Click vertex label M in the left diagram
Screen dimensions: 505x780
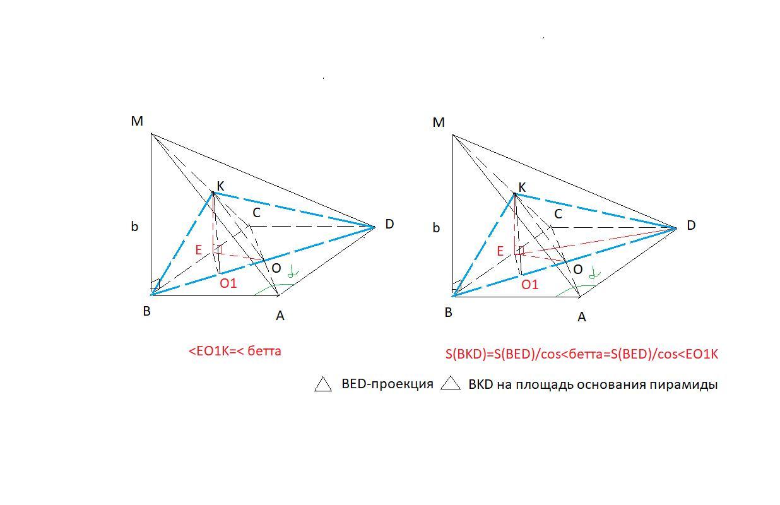[x=137, y=121]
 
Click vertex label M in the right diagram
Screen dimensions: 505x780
[x=439, y=122]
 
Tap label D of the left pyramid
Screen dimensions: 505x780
[x=389, y=224]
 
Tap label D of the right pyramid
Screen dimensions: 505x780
[x=691, y=225]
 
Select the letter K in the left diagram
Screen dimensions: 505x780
[x=220, y=186]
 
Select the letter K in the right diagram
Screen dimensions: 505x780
[x=522, y=187]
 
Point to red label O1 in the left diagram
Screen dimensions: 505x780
[x=228, y=283]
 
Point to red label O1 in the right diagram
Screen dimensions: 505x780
[x=529, y=285]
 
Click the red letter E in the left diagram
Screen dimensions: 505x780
[x=198, y=250]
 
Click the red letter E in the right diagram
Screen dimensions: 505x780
[x=500, y=251]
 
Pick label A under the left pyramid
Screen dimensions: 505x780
[x=280, y=316]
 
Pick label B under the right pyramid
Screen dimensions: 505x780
[x=449, y=312]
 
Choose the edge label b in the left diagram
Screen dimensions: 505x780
[x=134, y=227]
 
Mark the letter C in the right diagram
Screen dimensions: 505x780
[x=558, y=215]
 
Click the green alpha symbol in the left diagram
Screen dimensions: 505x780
[x=292, y=272]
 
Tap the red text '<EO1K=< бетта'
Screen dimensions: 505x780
[x=235, y=351]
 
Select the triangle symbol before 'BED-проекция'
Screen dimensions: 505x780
[x=323, y=384]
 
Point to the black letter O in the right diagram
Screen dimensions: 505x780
[x=577, y=270]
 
